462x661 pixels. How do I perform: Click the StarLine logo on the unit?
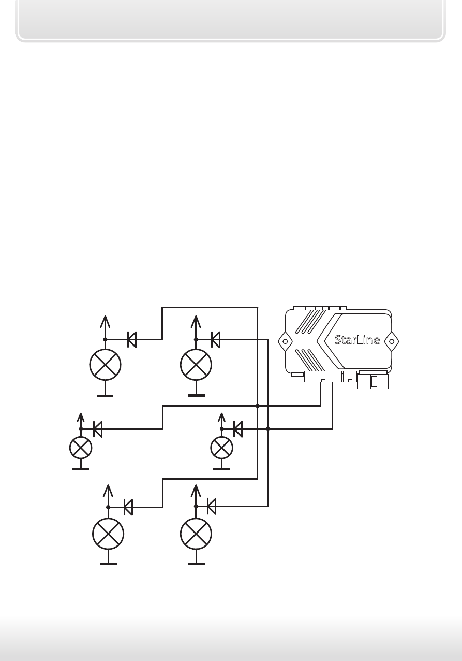pos(357,340)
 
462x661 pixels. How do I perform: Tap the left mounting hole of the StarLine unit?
pos(285,341)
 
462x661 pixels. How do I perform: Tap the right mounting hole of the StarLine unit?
pos(392,341)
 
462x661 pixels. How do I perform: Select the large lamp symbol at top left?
pos(105,365)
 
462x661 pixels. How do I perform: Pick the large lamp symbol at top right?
pos(196,365)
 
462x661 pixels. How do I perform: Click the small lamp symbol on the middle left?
pos(81,448)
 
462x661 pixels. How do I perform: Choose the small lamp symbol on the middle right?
pos(222,448)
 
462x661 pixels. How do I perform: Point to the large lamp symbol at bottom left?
pos(108,534)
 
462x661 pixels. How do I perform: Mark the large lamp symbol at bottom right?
pos(196,534)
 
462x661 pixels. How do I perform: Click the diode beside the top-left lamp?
pos(132,340)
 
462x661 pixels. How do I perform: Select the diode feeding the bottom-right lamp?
pos(212,507)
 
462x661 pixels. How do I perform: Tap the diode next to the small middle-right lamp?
pos(238,429)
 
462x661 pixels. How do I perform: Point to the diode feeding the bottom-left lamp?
pos(128,507)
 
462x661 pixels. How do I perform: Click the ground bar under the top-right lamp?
pos(197,395)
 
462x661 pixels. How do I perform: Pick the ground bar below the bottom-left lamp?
pos(109,564)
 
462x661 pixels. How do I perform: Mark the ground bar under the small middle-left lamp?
pos(81,469)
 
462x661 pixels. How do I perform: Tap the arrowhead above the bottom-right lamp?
pos(196,491)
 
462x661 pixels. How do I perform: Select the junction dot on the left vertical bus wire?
pos(258,406)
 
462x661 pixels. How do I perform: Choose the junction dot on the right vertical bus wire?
pos(267,429)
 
